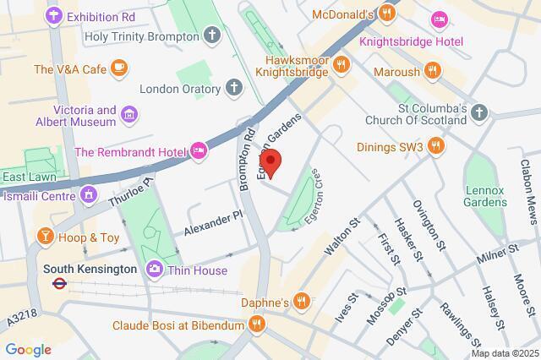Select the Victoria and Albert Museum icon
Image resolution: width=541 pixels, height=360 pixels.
point(128,114)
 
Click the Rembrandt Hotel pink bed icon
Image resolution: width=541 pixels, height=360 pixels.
point(199,151)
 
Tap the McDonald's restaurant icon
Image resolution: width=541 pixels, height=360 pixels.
point(387,13)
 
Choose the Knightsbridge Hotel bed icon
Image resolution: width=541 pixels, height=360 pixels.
point(439,19)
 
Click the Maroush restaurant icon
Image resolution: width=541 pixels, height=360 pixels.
point(433,71)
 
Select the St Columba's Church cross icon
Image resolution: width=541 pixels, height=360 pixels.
point(479,112)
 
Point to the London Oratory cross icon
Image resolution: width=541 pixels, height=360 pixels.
point(233,88)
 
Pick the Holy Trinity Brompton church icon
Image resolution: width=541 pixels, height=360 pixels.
point(210,35)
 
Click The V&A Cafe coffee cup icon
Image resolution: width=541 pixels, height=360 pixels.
point(117,67)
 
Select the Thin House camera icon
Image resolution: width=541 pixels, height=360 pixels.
point(155,270)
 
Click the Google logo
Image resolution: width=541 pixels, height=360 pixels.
point(28,350)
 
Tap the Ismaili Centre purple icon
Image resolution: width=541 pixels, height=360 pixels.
point(89,195)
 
